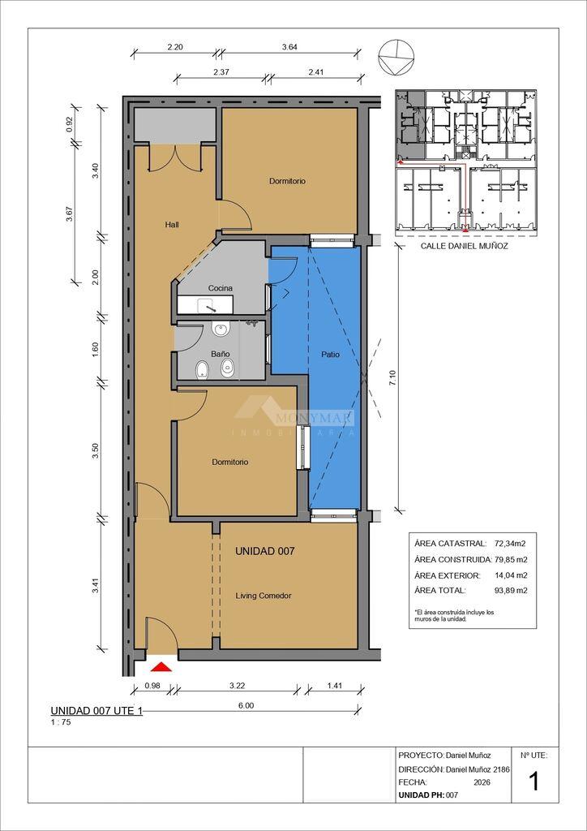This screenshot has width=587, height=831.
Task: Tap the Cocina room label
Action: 221,288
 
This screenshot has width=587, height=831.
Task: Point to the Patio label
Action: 330,355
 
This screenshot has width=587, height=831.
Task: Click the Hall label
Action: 172,225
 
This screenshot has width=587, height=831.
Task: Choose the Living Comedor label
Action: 264,596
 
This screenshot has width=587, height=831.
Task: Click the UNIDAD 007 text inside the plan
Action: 264,551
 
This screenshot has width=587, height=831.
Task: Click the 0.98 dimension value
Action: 152,685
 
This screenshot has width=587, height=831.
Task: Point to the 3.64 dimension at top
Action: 289,46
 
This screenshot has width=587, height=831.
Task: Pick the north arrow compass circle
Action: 396,58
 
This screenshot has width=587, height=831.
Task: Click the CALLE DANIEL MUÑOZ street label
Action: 465,246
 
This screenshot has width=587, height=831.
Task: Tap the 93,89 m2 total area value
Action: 510,590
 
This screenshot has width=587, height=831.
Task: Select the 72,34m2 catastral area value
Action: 509,543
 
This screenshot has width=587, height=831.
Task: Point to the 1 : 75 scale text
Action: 60,721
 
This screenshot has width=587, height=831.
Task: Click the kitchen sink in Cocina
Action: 205,305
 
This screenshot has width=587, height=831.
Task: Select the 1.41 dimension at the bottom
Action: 334,685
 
